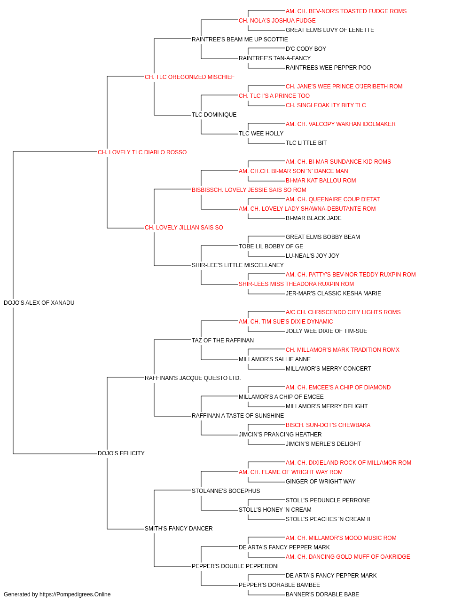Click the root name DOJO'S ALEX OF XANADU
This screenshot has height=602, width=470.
point(39,302)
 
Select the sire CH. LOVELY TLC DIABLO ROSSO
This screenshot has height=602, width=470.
point(142,152)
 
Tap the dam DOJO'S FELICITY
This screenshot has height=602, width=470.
point(121,453)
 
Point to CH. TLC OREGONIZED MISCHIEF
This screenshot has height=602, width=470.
point(189,77)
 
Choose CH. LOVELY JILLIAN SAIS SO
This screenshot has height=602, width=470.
point(184,228)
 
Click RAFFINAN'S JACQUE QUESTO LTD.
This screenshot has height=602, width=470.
point(193,378)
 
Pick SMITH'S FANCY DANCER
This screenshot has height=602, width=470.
point(179,528)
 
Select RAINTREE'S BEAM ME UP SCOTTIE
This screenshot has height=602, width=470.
point(240,40)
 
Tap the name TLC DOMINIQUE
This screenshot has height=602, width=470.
point(214,114)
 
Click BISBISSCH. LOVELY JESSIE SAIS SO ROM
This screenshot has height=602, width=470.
point(249,190)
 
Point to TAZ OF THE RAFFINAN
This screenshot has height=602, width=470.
point(222,340)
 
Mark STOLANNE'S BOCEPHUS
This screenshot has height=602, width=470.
point(226,491)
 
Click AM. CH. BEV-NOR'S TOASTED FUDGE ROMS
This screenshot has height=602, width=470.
point(346,11)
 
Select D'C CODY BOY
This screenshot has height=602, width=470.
point(306,49)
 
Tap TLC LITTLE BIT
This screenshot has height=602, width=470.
point(306,143)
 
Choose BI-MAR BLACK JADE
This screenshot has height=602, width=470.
point(313,218)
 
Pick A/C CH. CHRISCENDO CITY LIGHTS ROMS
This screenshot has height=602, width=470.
point(343,312)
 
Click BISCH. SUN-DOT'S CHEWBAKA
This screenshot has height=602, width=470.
point(328,425)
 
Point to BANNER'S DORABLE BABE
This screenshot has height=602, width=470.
point(322,594)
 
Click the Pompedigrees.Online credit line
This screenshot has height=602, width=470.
point(57,594)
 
